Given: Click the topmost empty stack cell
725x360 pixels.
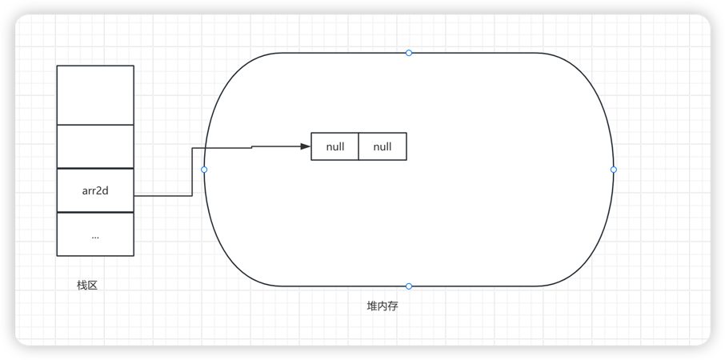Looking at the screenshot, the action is click(x=95, y=94).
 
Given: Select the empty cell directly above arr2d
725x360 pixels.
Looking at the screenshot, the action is click(x=95, y=146).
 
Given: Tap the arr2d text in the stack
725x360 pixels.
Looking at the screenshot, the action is click(x=95, y=191).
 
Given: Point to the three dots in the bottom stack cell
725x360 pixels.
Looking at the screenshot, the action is click(x=95, y=236).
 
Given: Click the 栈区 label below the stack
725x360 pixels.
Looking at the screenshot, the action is click(x=87, y=286).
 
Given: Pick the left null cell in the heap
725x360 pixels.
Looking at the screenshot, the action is click(x=334, y=147).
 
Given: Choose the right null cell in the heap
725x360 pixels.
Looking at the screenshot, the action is click(x=383, y=147).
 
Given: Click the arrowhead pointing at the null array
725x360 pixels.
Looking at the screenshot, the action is click(x=305, y=146).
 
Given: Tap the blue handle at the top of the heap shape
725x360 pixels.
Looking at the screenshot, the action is click(x=409, y=53).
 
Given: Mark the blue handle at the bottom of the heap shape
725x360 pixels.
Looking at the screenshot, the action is click(x=409, y=286).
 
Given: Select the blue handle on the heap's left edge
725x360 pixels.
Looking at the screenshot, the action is click(x=204, y=170).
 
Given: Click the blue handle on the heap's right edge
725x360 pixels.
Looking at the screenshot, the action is click(x=614, y=170).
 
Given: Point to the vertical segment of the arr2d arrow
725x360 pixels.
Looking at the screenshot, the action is click(x=192, y=171).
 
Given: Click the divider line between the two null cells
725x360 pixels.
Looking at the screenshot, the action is click(x=358, y=147).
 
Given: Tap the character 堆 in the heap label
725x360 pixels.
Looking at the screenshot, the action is click(x=372, y=306).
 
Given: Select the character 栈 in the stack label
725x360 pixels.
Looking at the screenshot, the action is click(x=82, y=286).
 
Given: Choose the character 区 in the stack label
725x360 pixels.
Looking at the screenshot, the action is click(x=93, y=286).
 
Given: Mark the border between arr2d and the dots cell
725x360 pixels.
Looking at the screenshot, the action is click(x=95, y=213).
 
